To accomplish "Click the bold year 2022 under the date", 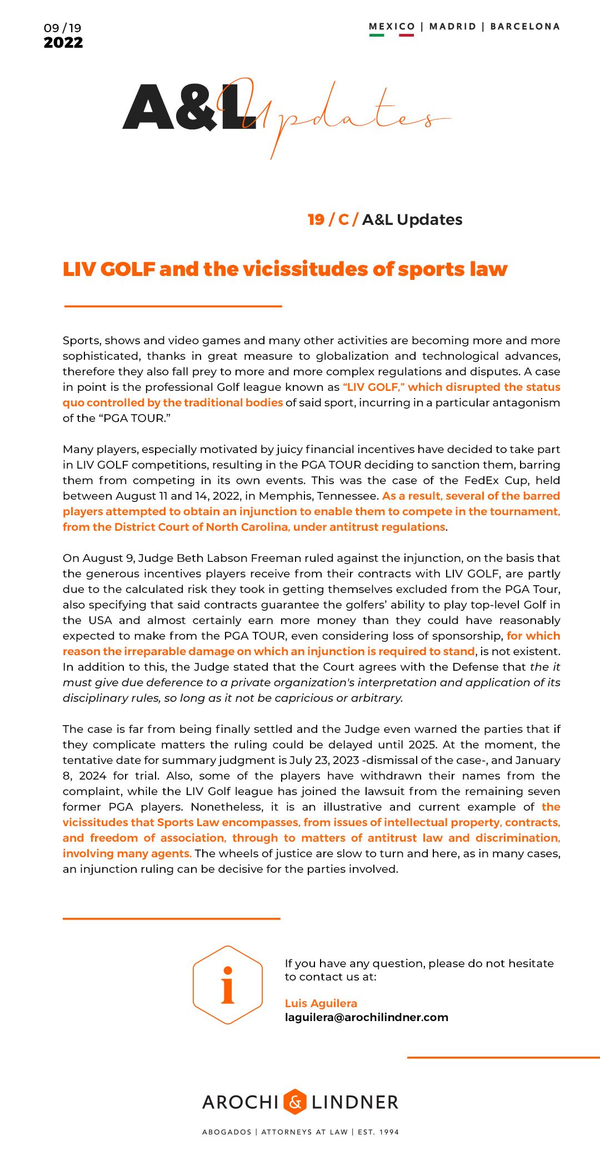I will pos(63,43).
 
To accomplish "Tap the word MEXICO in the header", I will pos(392,26).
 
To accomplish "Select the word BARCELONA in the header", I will pos(525,26).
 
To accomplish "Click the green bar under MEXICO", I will pos(377,36).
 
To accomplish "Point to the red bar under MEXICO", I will pos(406,36).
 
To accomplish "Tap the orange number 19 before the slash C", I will pos(316,220).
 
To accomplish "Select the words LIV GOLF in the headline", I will pos(109,269).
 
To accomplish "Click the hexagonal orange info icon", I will pos(228,985).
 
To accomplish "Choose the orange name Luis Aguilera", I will pos(321,1003).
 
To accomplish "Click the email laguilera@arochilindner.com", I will pos(367,1017).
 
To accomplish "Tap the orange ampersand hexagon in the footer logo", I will pos(295,1102).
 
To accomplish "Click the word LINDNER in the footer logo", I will pos(355,1102).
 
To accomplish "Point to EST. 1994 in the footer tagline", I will pos(378,1132).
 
